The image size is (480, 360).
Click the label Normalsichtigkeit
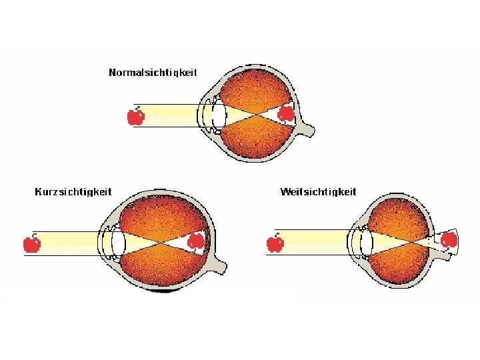[153, 72]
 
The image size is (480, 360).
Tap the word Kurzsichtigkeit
[73, 192]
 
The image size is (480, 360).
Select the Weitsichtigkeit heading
[318, 192]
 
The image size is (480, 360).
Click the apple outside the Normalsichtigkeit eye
[135, 117]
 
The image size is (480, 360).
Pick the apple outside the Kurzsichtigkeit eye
[31, 243]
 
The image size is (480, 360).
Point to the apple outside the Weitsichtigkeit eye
[275, 243]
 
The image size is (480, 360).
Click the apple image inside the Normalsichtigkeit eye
[286, 114]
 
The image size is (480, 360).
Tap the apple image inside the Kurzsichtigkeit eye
[196, 241]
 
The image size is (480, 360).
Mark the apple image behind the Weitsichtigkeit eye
[449, 239]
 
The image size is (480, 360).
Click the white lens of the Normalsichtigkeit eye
[219, 115]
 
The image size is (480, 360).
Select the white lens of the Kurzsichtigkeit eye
[119, 243]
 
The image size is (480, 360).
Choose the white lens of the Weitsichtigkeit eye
[366, 243]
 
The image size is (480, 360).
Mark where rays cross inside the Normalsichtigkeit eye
[256, 115]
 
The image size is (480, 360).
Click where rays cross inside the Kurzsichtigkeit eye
[158, 243]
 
